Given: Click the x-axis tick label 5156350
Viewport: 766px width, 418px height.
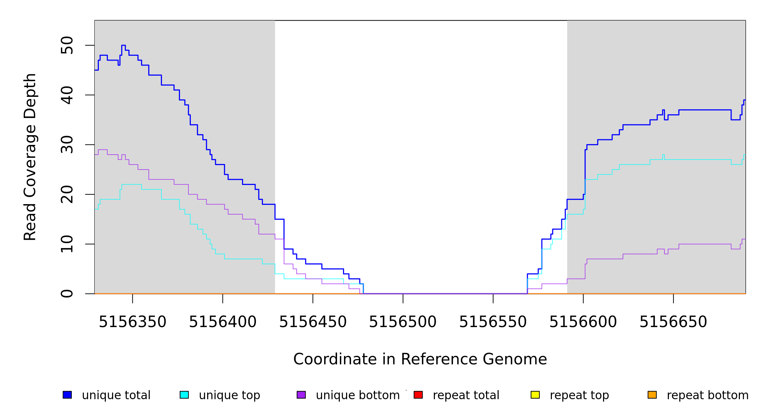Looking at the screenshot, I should [132, 322].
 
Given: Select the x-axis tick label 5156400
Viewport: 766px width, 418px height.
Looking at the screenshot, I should [222, 322].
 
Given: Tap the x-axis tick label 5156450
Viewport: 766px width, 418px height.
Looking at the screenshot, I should [313, 322].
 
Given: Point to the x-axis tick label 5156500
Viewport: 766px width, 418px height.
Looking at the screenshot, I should [402, 322].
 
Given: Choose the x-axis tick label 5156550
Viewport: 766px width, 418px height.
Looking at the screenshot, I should [493, 322].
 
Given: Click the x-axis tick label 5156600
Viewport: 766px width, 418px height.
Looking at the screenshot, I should [583, 322].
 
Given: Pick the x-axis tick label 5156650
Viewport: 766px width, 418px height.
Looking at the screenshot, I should [673, 322].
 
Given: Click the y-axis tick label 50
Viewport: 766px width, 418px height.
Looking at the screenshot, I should [67, 45].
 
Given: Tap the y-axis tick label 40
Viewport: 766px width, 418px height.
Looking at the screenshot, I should [67, 95].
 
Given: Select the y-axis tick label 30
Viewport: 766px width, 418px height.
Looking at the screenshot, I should [67, 145].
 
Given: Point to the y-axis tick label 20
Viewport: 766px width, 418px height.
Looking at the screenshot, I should [67, 194].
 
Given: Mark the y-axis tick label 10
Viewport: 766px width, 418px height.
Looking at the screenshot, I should [67, 244].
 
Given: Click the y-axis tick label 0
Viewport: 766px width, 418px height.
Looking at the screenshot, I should [67, 294].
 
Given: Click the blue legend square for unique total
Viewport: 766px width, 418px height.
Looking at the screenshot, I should [67, 395].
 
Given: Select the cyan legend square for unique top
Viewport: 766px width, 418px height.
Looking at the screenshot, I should [184, 395].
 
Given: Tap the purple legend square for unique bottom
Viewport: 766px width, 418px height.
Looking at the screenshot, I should [301, 395].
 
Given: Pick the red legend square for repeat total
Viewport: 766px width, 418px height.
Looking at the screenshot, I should [418, 395].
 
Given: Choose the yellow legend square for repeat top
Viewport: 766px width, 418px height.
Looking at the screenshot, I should [535, 395].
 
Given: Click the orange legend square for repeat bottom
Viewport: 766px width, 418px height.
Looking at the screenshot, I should [652, 395].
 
